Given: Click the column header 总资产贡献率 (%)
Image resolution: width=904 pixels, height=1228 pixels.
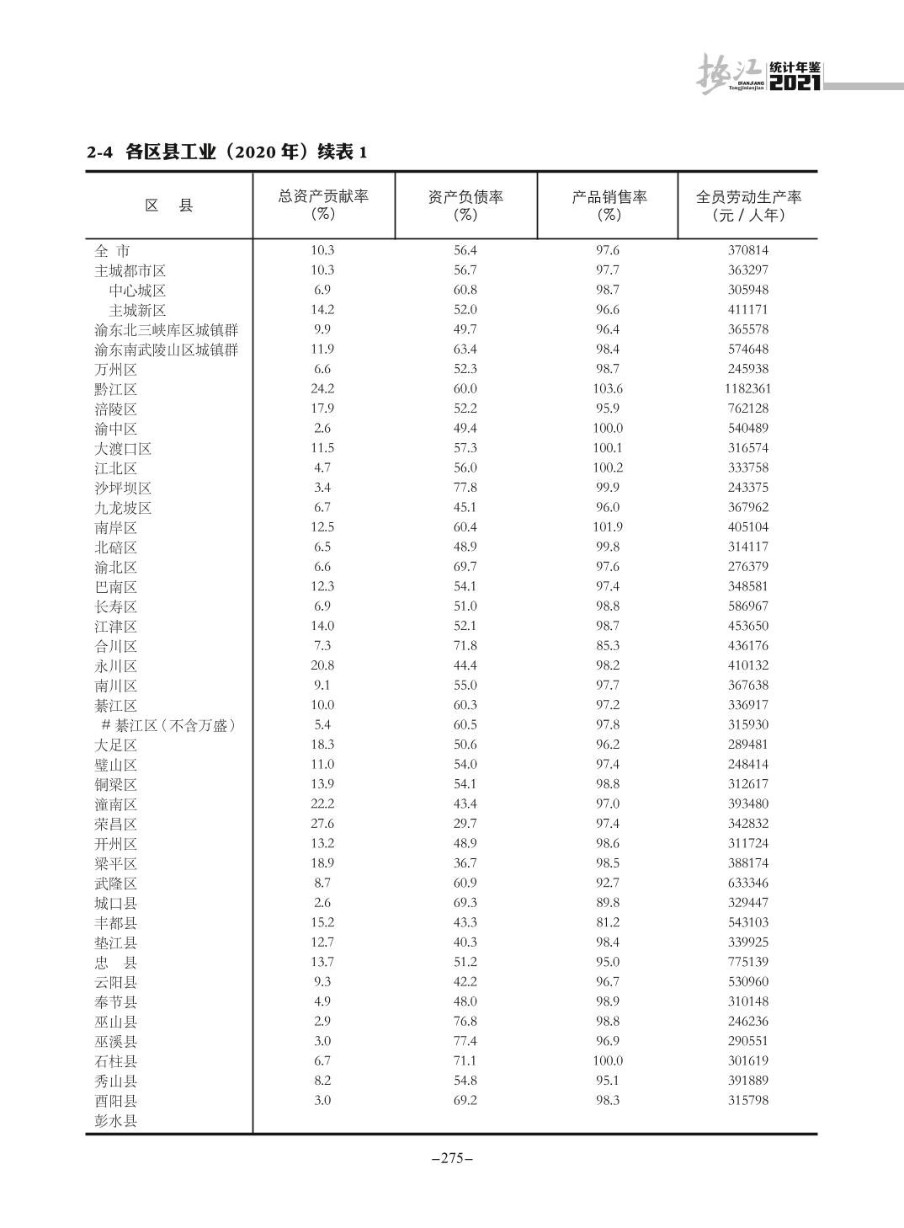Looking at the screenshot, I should click(323, 205).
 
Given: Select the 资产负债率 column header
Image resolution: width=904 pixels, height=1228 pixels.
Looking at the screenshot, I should click(465, 205).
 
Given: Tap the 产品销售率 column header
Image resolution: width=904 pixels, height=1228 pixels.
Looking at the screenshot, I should click(609, 205).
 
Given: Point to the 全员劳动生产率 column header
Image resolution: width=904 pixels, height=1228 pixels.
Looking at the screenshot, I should click(747, 205).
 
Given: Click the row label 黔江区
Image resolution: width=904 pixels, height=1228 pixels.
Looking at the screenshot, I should click(116, 389).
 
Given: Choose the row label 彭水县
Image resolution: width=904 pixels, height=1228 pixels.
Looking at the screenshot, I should click(116, 1120).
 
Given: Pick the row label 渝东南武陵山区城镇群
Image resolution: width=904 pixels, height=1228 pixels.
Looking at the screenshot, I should click(166, 350).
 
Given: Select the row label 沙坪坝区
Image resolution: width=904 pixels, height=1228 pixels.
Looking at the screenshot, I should click(123, 488).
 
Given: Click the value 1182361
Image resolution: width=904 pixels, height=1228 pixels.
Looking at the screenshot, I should click(747, 389).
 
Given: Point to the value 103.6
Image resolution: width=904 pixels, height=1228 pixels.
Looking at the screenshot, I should click(608, 389).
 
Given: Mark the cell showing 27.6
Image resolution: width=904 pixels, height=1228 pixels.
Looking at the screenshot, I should click(322, 824).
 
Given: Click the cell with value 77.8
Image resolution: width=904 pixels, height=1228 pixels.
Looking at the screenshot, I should click(465, 488).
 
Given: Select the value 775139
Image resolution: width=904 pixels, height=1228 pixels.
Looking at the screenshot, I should click(747, 962).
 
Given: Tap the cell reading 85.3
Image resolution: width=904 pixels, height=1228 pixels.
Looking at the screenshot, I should click(608, 646).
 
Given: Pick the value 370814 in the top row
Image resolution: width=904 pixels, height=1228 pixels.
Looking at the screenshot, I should click(747, 250).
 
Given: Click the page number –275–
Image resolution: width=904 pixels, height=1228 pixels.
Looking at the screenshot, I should click(452, 1158).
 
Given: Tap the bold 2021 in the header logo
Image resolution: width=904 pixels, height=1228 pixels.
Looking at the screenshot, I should click(795, 83).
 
